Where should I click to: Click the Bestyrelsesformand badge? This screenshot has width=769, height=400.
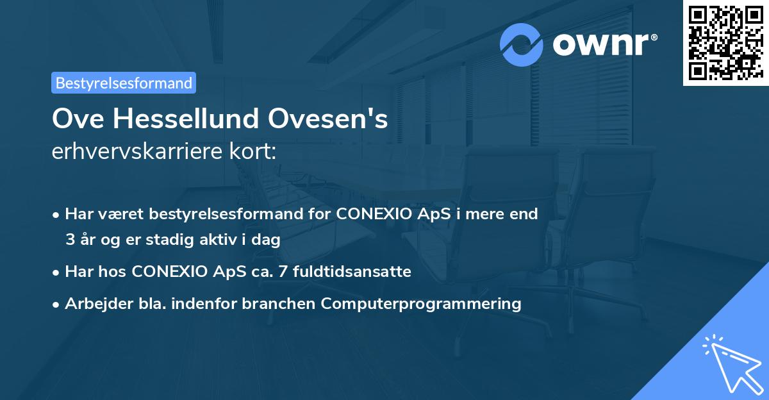[124, 83]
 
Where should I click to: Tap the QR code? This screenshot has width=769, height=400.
[725, 42]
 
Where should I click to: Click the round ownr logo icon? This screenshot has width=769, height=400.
[522, 44]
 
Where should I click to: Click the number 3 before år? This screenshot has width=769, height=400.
[70, 240]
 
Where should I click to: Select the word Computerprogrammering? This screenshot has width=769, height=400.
[421, 303]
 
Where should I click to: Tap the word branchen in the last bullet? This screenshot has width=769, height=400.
[279, 303]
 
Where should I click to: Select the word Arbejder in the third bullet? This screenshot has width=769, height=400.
[95, 303]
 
